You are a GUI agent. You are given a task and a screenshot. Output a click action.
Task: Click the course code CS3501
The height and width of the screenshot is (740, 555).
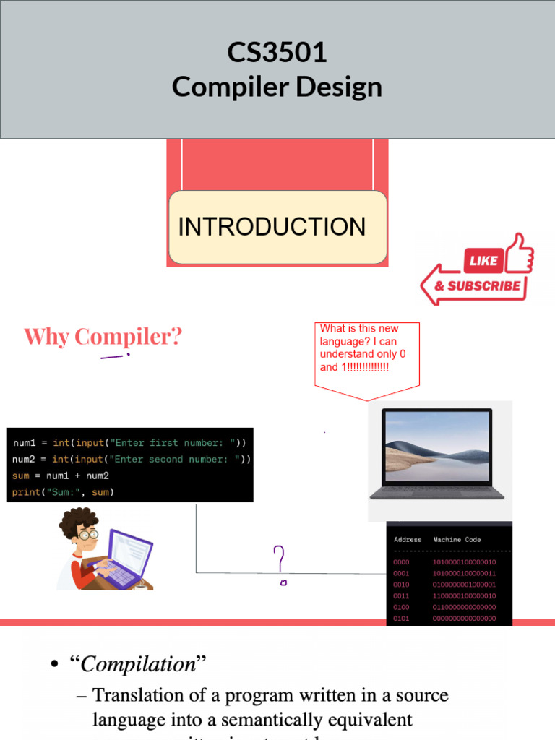277,53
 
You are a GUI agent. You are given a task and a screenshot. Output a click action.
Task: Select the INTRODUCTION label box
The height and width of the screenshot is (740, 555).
277,227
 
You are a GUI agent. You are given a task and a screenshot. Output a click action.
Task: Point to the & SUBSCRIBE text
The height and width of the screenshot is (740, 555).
477,286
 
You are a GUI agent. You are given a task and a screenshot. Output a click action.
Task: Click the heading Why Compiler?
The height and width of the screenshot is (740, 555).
103,337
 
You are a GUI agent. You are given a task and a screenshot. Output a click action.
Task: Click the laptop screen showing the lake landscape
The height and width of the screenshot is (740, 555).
437,446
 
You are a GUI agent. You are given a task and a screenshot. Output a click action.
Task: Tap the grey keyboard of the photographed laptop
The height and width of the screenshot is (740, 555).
437,491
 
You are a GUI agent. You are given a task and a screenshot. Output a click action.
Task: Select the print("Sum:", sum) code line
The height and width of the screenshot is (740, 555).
64,493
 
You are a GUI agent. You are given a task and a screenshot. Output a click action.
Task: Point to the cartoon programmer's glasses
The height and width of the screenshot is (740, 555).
88,535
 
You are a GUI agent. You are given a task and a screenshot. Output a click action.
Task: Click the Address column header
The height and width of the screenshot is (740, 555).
408,540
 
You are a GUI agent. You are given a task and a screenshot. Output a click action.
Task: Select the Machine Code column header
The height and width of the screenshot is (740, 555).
457,540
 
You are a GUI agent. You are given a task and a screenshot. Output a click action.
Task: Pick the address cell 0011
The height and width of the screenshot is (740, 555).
401,596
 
